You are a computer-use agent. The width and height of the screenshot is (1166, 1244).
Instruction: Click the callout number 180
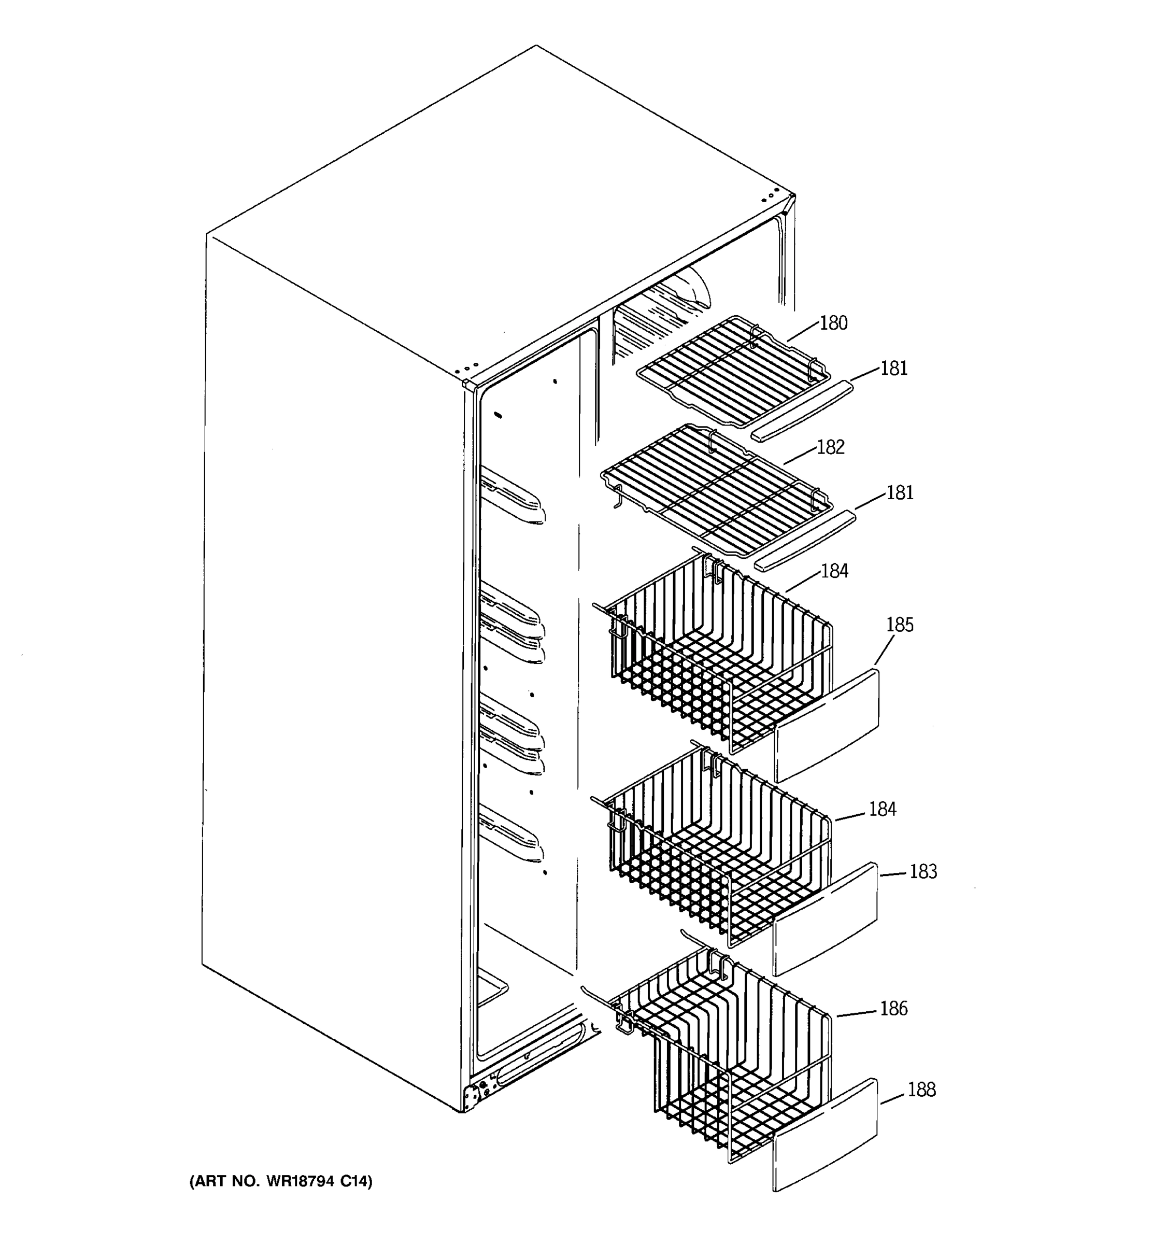pyautogui.click(x=833, y=323)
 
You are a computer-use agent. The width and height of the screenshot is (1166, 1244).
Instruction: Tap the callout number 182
pyautogui.click(x=830, y=447)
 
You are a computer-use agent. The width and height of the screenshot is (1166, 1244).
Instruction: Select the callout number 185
pyautogui.click(x=900, y=625)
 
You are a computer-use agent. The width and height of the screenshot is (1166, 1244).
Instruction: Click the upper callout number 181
pyautogui.click(x=894, y=369)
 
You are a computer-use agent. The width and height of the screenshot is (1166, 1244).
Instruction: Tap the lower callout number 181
pyautogui.click(x=900, y=493)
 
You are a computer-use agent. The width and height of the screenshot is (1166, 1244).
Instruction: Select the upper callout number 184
pyautogui.click(x=834, y=571)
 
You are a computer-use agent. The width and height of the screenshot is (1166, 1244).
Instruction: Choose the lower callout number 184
pyautogui.click(x=882, y=809)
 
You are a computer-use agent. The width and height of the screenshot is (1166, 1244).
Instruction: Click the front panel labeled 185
pyautogui.click(x=827, y=726)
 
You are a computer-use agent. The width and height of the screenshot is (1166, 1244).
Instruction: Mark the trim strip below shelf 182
pyautogui.click(x=806, y=540)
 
